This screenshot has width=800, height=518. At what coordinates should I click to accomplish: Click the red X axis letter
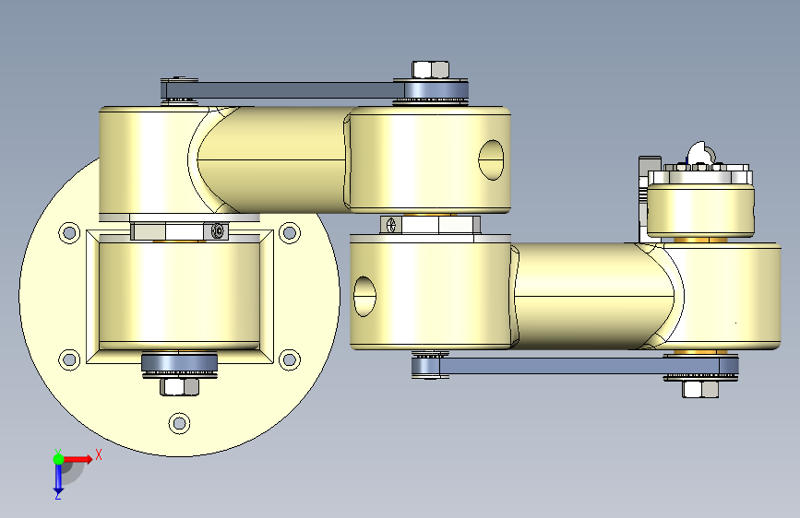[99, 454]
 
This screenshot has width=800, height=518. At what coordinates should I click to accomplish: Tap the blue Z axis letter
[58, 495]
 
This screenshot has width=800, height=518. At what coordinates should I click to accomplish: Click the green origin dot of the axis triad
[59, 459]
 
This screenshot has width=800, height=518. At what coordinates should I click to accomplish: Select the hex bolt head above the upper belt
[430, 70]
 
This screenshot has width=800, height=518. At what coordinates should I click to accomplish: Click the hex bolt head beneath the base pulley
[180, 386]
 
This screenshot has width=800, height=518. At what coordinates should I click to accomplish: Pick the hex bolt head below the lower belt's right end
[700, 389]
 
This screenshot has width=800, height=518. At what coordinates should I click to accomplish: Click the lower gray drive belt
[574, 366]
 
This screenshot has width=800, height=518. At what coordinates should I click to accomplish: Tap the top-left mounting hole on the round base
[69, 233]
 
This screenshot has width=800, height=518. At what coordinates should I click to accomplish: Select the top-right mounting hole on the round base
[290, 233]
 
